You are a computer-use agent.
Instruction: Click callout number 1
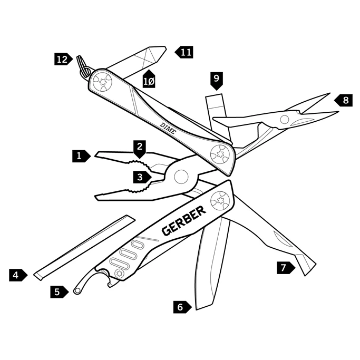tap(80, 155)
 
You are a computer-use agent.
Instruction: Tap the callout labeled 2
tap(139, 147)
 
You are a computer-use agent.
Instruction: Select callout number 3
tap(140, 177)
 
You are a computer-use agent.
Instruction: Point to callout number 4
tap(17, 275)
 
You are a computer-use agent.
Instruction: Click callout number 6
tap(181, 307)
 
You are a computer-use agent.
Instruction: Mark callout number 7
tap(285, 268)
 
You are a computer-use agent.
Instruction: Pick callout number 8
tap(344, 100)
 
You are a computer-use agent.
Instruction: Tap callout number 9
tap(216, 80)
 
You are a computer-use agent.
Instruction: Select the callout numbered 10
tap(149, 80)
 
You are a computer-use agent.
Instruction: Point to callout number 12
tap(63, 59)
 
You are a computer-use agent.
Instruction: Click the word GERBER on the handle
tap(183, 221)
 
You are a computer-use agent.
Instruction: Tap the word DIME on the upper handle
tap(168, 128)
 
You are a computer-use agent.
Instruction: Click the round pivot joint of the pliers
tap(181, 176)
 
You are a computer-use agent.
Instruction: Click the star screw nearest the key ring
tap(102, 82)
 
